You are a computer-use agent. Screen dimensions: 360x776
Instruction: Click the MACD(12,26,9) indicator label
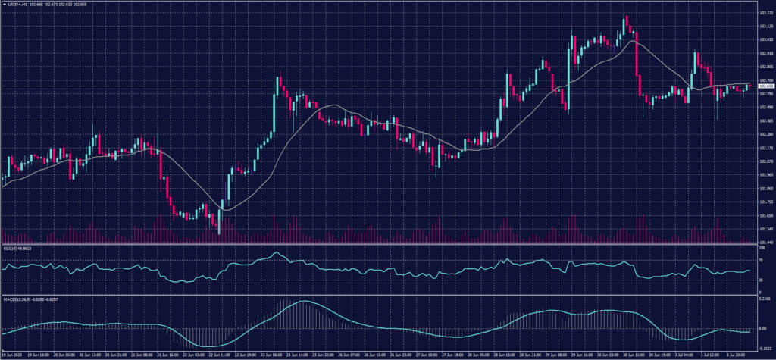pos(21,299)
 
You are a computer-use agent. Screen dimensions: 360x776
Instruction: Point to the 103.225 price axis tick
pos(766,13)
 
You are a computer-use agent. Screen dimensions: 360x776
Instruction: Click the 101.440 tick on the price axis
pos(766,242)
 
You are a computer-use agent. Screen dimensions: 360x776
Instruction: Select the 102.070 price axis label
pos(766,161)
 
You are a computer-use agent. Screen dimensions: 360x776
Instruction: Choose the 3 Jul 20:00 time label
pos(734,355)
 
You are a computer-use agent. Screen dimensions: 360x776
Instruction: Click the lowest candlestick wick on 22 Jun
pos(219,232)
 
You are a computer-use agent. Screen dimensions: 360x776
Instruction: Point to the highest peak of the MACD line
pos(303,302)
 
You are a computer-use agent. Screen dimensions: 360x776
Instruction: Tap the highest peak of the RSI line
pos(277,252)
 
